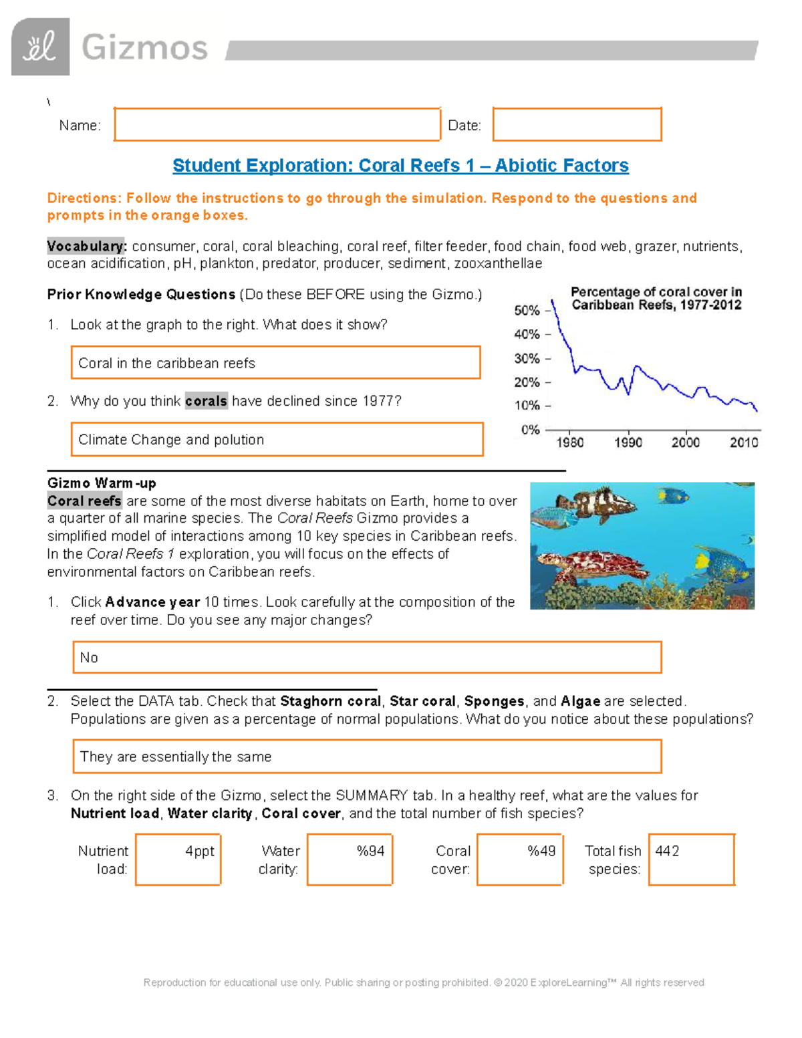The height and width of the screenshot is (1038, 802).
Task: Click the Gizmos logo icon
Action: point(40,47)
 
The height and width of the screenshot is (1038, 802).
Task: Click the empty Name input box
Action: point(277,124)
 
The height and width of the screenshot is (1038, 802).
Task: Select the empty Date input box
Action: point(577,124)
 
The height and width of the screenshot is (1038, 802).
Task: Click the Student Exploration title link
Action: point(400,165)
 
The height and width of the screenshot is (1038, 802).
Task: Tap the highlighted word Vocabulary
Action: point(86,246)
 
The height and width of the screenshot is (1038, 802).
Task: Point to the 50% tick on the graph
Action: point(527,311)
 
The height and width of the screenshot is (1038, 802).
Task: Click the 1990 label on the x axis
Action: point(628,442)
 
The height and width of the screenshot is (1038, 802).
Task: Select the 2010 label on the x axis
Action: point(743,442)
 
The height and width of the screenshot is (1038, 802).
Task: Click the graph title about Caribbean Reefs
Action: point(656,298)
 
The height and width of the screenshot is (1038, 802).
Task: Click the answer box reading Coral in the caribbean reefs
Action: point(275,363)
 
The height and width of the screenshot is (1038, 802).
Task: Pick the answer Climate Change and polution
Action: point(277,439)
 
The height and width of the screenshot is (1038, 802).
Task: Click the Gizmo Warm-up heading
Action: point(102,483)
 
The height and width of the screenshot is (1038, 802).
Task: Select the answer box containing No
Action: point(367,657)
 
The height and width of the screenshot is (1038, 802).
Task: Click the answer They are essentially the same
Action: point(367,756)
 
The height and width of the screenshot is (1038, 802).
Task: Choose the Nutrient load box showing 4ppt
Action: point(178,859)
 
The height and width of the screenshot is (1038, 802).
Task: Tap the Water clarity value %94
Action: point(350,859)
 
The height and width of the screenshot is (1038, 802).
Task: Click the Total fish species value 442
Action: point(691,859)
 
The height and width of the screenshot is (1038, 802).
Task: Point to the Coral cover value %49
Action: point(520,859)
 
